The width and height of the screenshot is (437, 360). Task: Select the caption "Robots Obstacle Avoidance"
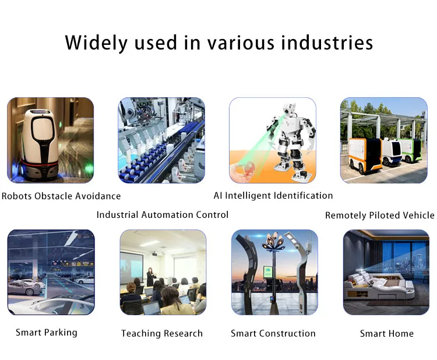coord(61,196)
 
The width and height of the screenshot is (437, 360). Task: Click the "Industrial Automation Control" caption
coord(163,214)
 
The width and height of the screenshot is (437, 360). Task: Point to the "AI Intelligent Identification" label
coord(273,195)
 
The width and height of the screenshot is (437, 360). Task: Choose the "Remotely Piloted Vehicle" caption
coord(379,215)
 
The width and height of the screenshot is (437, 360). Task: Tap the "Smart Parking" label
coord(46,332)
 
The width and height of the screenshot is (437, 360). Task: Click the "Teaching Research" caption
coord(162,333)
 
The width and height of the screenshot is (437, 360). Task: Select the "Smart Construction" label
coord(273,333)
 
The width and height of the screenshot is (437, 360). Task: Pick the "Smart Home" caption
coord(386,333)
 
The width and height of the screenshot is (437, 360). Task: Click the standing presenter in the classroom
coord(150,275)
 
